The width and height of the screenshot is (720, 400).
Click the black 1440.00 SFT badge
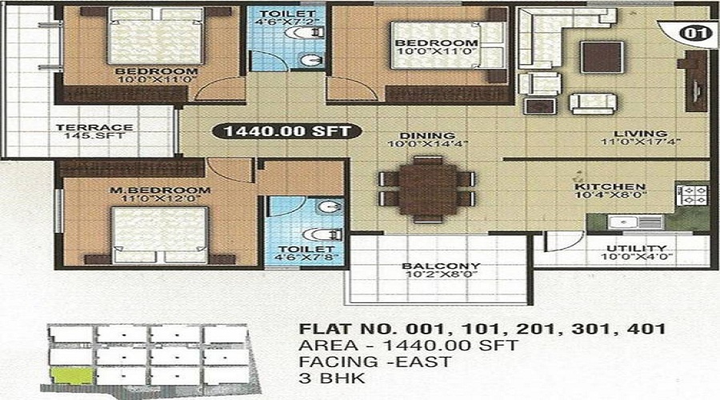[287, 131]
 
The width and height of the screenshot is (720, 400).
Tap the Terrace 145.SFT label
[94, 131]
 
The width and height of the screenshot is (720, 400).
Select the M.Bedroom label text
[160, 190]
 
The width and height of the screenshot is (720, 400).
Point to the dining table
[427, 190]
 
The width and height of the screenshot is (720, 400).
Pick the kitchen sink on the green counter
[636, 222]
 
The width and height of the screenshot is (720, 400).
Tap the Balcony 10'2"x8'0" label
[441, 270]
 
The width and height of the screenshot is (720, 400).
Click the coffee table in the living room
[602, 57]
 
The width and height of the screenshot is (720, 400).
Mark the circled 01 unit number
[693, 33]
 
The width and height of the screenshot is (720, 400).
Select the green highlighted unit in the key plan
[72, 376]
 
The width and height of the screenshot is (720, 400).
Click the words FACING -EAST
[374, 362]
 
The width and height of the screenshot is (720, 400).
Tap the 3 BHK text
[332, 378]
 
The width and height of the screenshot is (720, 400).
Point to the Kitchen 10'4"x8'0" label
[610, 190]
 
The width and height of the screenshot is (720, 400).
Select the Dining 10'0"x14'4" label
[427, 140]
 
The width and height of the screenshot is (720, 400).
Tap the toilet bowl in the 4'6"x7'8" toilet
[323, 234]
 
